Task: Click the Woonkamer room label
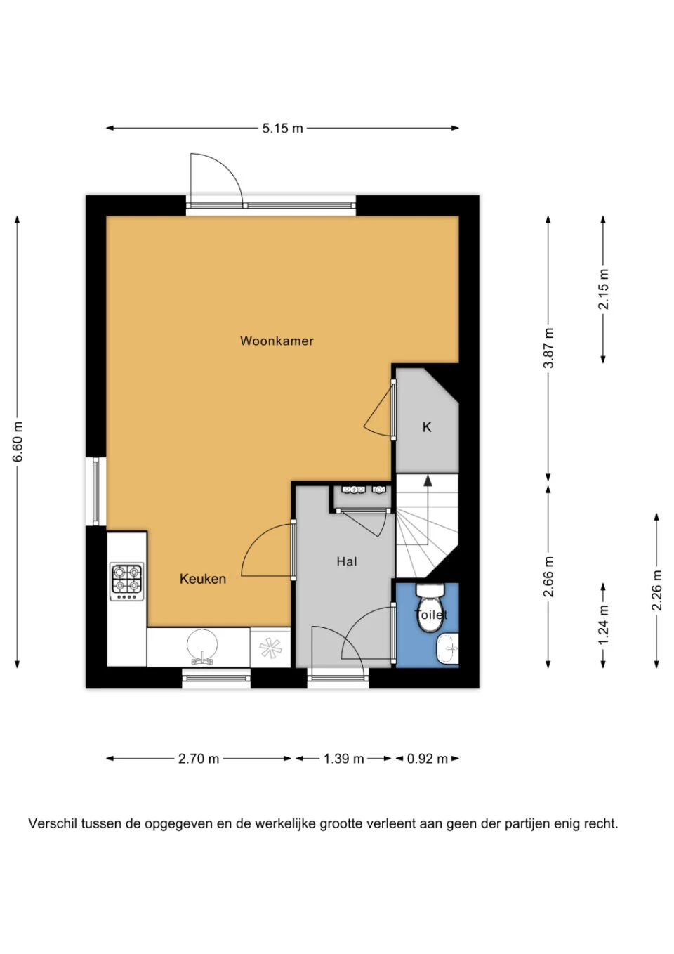pos(277,341)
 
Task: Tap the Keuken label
pos(202,579)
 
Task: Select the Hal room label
pos(346,562)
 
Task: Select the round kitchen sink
pos(202,646)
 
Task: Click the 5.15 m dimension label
pos(282,128)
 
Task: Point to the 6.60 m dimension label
pos(18,441)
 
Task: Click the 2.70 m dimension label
pos(198,759)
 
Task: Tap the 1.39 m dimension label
pos(343,759)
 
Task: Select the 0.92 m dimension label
pos(427,759)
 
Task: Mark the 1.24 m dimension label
pos(604,625)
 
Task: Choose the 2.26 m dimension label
pos(657,590)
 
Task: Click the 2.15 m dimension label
pos(604,289)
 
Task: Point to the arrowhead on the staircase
pos(428,481)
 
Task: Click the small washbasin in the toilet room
pos(447,648)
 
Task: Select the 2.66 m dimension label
pos(549,577)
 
